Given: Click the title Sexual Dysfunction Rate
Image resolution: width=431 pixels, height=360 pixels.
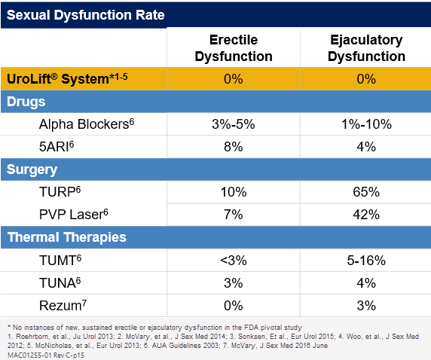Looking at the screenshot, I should pos(85,14).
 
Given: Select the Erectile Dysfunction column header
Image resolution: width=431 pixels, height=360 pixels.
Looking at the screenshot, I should pos(234,48).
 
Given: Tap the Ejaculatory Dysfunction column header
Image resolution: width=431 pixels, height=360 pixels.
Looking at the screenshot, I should pos(367,48).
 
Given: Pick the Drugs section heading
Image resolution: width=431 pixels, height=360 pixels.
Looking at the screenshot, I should pos(27,101).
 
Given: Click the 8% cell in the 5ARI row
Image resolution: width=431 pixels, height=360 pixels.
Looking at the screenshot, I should pos(234,148).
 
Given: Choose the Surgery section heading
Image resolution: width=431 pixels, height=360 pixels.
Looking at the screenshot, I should pos(32,169).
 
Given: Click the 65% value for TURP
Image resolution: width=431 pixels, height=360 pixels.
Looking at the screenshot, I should pos(367,193).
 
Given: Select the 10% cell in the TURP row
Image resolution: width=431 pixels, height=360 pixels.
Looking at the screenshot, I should pos(234,193).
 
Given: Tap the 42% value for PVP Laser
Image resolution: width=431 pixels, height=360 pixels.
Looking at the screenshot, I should pos(367,215).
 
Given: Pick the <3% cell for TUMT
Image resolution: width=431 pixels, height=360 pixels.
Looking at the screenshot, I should pos(234,261).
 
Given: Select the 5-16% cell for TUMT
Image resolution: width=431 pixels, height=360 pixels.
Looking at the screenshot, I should pos(367,261).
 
